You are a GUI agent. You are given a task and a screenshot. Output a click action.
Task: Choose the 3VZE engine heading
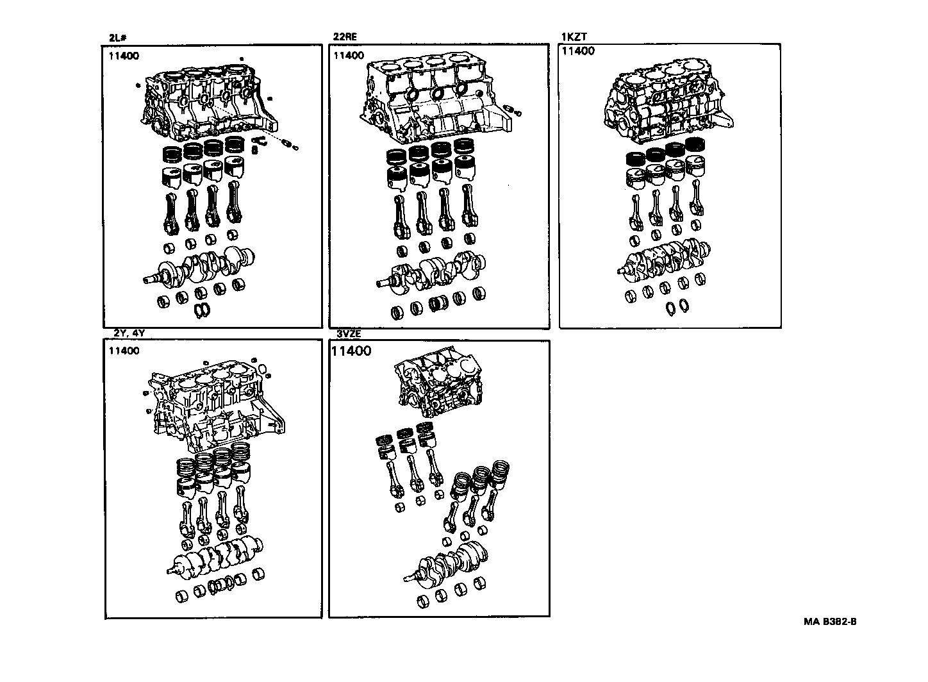[x=349, y=334]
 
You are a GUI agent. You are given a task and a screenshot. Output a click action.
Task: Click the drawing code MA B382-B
[x=831, y=621]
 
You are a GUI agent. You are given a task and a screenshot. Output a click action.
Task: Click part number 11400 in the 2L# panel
[x=123, y=56]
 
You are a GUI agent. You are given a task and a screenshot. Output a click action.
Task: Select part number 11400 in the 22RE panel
[x=349, y=56]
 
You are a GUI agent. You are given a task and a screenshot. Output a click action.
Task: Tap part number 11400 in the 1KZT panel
[x=577, y=51]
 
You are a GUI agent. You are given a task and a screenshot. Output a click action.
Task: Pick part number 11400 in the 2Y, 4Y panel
[x=124, y=351]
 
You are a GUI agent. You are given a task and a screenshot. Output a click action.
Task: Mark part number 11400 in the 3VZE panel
[x=351, y=351]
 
